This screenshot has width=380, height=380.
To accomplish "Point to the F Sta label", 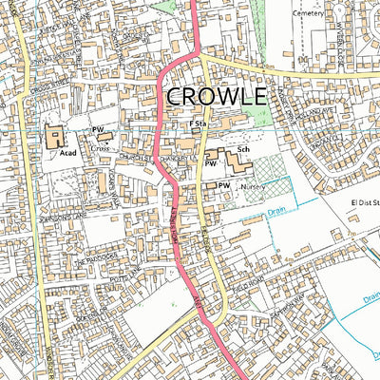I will (x=199, y=124).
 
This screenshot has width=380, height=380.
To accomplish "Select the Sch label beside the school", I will (x=243, y=150).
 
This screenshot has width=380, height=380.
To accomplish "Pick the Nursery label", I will (x=252, y=187).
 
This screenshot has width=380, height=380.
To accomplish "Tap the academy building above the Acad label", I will (x=52, y=137).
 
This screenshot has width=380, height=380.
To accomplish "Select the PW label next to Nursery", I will (x=224, y=184).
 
